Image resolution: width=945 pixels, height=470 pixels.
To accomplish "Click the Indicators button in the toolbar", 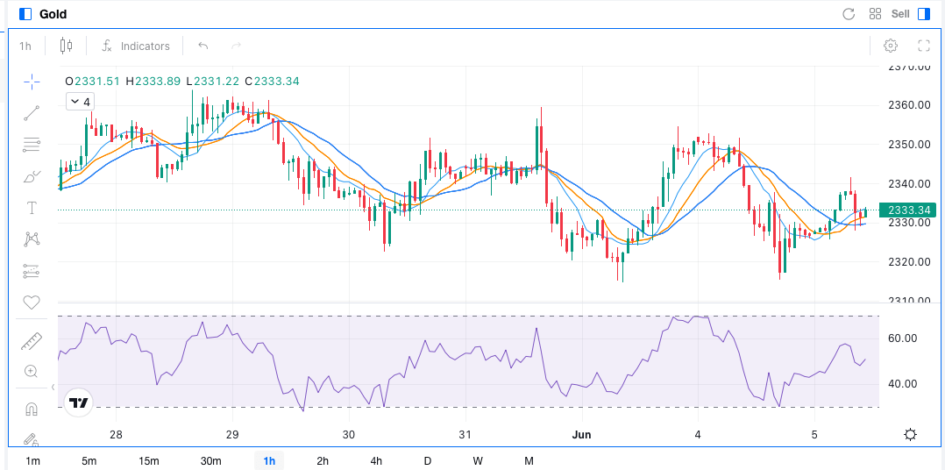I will tap(136, 46).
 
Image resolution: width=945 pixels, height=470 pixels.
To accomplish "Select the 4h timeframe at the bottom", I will tap(376, 461).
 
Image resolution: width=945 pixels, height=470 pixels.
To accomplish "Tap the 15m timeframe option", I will tap(149, 461).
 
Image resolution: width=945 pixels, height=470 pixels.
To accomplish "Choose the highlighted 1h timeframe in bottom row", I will tap(269, 461).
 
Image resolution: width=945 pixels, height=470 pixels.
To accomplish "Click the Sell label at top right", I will tap(900, 14).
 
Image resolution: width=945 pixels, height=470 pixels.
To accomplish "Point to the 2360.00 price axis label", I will tap(908, 105).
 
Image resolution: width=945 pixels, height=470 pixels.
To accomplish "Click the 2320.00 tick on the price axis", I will tap(908, 262).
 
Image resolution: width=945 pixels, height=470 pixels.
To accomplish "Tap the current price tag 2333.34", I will tap(908, 210).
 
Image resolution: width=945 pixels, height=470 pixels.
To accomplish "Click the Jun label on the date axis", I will tap(581, 435).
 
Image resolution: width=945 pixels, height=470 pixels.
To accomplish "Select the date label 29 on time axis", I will tap(232, 435).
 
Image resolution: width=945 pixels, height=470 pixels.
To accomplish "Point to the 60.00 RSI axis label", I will tap(903, 338).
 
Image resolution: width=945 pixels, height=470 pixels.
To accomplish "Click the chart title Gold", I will tap(53, 14).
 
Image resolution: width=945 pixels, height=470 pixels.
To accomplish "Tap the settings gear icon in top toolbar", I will tap(891, 46).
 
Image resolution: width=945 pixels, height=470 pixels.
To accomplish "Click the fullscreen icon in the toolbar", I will tap(923, 46).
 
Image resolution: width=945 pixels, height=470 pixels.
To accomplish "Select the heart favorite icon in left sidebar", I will tap(32, 303).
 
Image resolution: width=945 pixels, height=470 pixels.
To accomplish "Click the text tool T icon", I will tap(32, 208).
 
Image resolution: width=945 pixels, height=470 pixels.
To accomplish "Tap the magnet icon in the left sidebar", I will tap(32, 409).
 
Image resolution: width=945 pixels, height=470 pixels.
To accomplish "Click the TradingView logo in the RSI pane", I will tap(79, 402).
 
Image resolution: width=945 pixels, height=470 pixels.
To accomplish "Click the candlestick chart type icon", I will tap(67, 46).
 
